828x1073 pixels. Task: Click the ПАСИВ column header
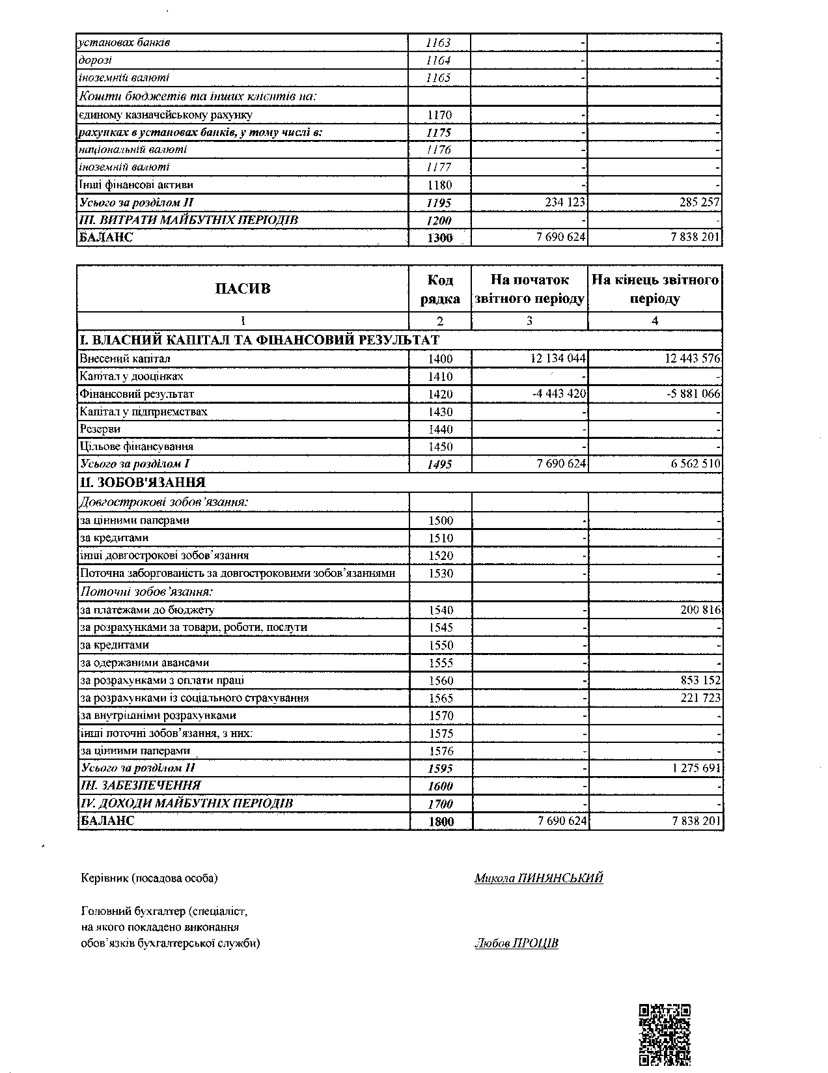coord(243,289)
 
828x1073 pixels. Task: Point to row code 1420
coord(440,394)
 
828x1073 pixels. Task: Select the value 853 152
coord(697,680)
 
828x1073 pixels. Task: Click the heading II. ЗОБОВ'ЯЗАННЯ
coord(143,482)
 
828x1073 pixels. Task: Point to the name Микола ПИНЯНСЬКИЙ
coord(538,878)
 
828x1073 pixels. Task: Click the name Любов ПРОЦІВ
coord(516,943)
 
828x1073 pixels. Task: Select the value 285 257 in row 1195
coord(697,202)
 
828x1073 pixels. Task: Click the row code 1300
coord(440,238)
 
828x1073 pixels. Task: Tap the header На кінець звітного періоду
coord(655,289)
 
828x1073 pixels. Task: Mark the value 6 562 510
coord(691,464)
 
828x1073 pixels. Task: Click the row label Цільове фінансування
coord(137,447)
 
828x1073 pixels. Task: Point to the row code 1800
coord(441,822)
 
